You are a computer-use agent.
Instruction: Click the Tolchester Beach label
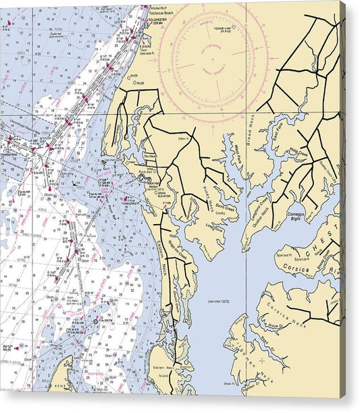click(163, 13)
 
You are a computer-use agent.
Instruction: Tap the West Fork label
click(239, 162)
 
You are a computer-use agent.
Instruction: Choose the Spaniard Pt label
click(286, 257)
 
